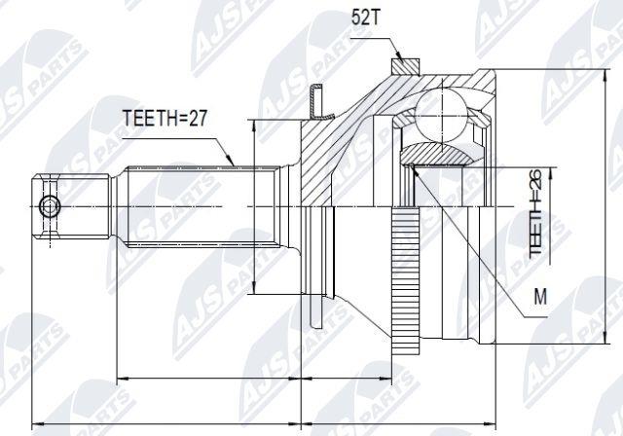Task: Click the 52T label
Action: point(366,18)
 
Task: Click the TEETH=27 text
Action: point(165,118)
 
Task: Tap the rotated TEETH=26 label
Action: point(535,212)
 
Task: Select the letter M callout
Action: point(540,296)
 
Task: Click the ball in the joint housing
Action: point(440,115)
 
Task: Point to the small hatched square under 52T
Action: point(405,66)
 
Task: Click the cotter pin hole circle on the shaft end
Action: point(50,206)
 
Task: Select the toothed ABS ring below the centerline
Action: point(406,280)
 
